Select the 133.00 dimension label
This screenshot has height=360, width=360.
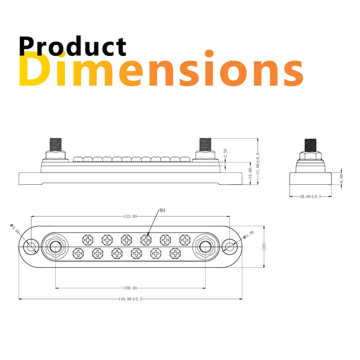tap(130, 216)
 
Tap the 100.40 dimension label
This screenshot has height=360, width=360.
tap(130, 288)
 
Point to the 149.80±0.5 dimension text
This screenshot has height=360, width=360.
tap(130, 299)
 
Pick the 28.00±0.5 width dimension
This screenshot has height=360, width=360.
tap(311, 197)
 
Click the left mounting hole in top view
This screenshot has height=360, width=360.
tap(31, 247)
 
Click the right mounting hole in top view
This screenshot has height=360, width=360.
tap(229, 247)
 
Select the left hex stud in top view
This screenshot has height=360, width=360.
tap(55, 247)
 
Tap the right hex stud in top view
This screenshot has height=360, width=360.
tap(205, 247)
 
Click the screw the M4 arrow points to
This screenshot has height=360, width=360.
tap(145, 239)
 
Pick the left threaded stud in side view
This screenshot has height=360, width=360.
tap(55, 145)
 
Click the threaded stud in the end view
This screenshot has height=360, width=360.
tap(311, 145)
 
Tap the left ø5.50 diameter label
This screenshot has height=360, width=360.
tap(14, 229)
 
